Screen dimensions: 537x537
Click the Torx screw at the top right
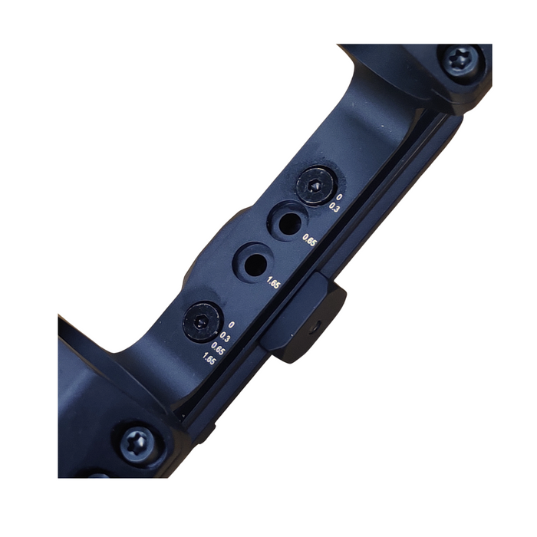coord(460,63)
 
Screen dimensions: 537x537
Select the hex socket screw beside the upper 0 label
coord(315,185)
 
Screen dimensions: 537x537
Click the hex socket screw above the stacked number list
coord(201,322)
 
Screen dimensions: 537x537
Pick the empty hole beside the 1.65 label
coord(254,262)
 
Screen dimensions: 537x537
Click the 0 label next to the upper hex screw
coord(339,197)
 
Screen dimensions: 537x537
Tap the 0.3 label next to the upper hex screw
coord(334,207)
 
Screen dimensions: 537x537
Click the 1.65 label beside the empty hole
coord(274,283)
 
